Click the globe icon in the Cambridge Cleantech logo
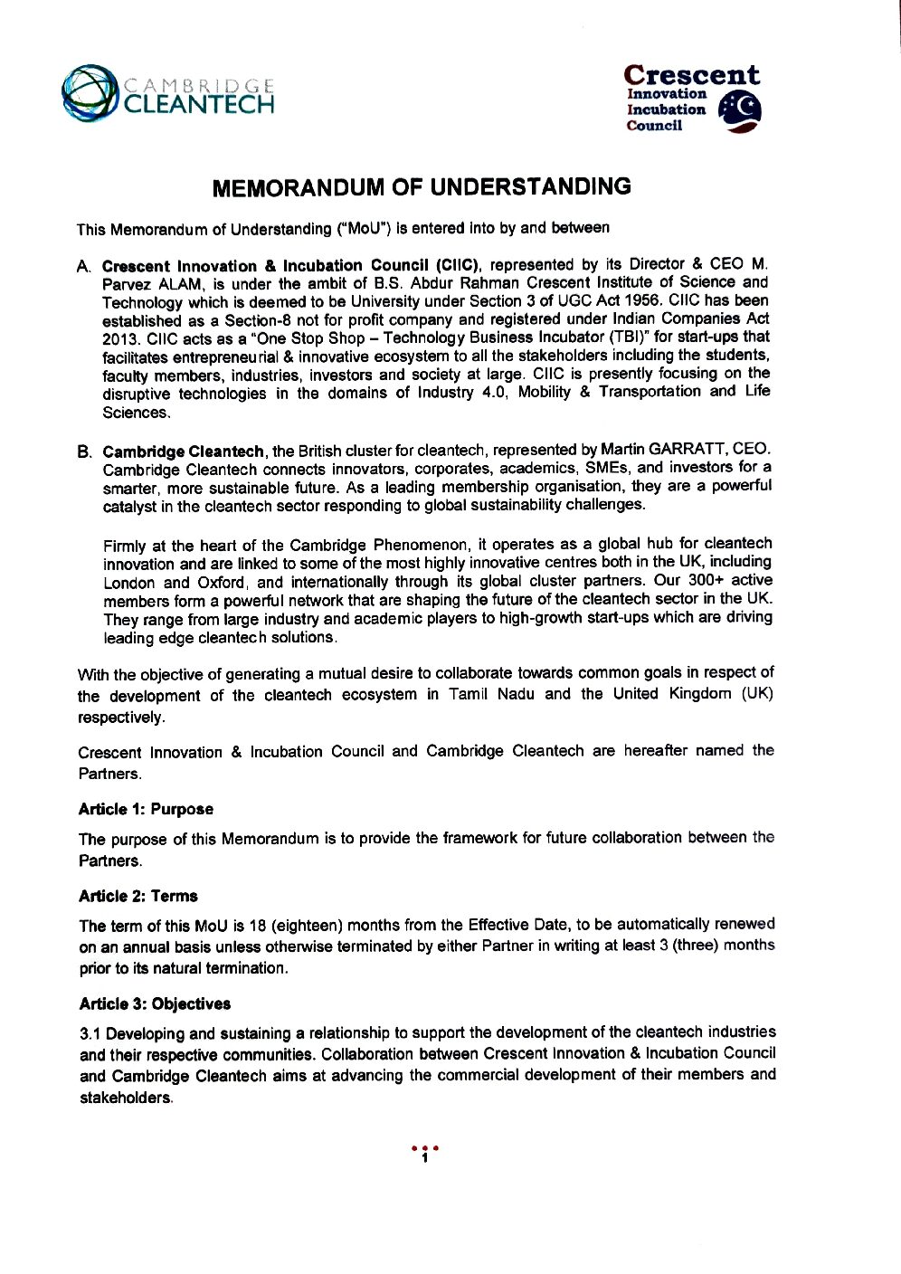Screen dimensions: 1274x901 pyautogui.click(x=90, y=92)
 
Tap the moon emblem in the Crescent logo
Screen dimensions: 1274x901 pyautogui.click(x=740, y=111)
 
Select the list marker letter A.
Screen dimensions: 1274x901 pyautogui.click(x=84, y=267)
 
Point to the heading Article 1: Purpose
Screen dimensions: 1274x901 pyautogui.click(x=146, y=809)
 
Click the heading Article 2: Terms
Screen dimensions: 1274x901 pyautogui.click(x=138, y=896)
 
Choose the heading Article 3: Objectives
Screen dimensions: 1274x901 pyautogui.click(x=155, y=1003)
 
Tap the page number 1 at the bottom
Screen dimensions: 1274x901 pyautogui.click(x=424, y=1158)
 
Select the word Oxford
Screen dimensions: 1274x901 pyautogui.click(x=222, y=583)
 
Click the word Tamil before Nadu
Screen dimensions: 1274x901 pyautogui.click(x=469, y=694)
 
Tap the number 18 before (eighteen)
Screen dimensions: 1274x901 pyautogui.click(x=257, y=925)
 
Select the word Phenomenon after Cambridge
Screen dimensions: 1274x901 pyautogui.click(x=421, y=545)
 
